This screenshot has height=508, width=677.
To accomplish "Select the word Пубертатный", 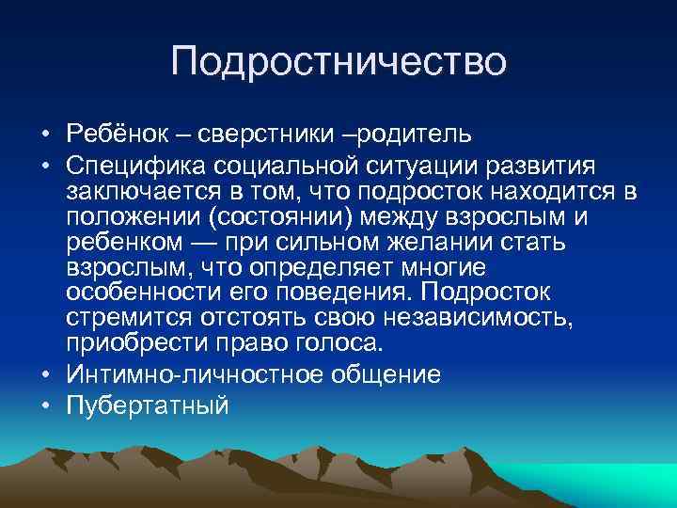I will point(149,405).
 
